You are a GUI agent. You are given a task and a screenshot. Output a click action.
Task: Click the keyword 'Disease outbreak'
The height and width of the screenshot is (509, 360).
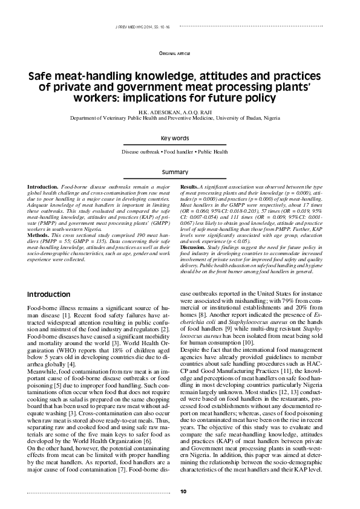tap(140, 152)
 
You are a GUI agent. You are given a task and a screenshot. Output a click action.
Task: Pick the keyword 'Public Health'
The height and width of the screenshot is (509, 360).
tap(211, 152)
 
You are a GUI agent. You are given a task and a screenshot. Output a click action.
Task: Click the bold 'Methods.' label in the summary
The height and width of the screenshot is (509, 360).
tap(39, 232)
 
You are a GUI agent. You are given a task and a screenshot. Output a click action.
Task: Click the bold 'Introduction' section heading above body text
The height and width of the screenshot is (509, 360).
tap(48, 294)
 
